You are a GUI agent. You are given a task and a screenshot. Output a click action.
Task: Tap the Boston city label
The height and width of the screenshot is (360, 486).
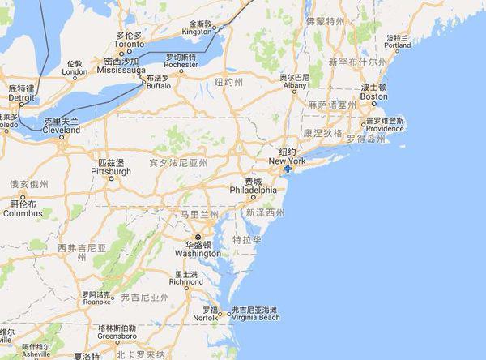coord(373,96)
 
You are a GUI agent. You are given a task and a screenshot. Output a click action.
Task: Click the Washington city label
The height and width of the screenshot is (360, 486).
coord(197,252)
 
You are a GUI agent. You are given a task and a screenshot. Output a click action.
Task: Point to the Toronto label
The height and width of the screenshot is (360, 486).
coord(130,45)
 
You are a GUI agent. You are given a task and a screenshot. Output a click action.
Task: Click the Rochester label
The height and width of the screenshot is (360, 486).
coord(181,66)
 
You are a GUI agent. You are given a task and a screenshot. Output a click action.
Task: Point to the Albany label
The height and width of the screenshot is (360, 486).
coord(294,85)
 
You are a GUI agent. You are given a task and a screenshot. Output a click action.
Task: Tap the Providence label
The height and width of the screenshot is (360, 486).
coord(385,128)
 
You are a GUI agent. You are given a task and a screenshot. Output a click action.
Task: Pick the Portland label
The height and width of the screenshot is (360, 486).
coord(398,46)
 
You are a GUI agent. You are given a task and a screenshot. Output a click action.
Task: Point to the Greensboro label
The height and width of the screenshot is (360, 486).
coord(96,336)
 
